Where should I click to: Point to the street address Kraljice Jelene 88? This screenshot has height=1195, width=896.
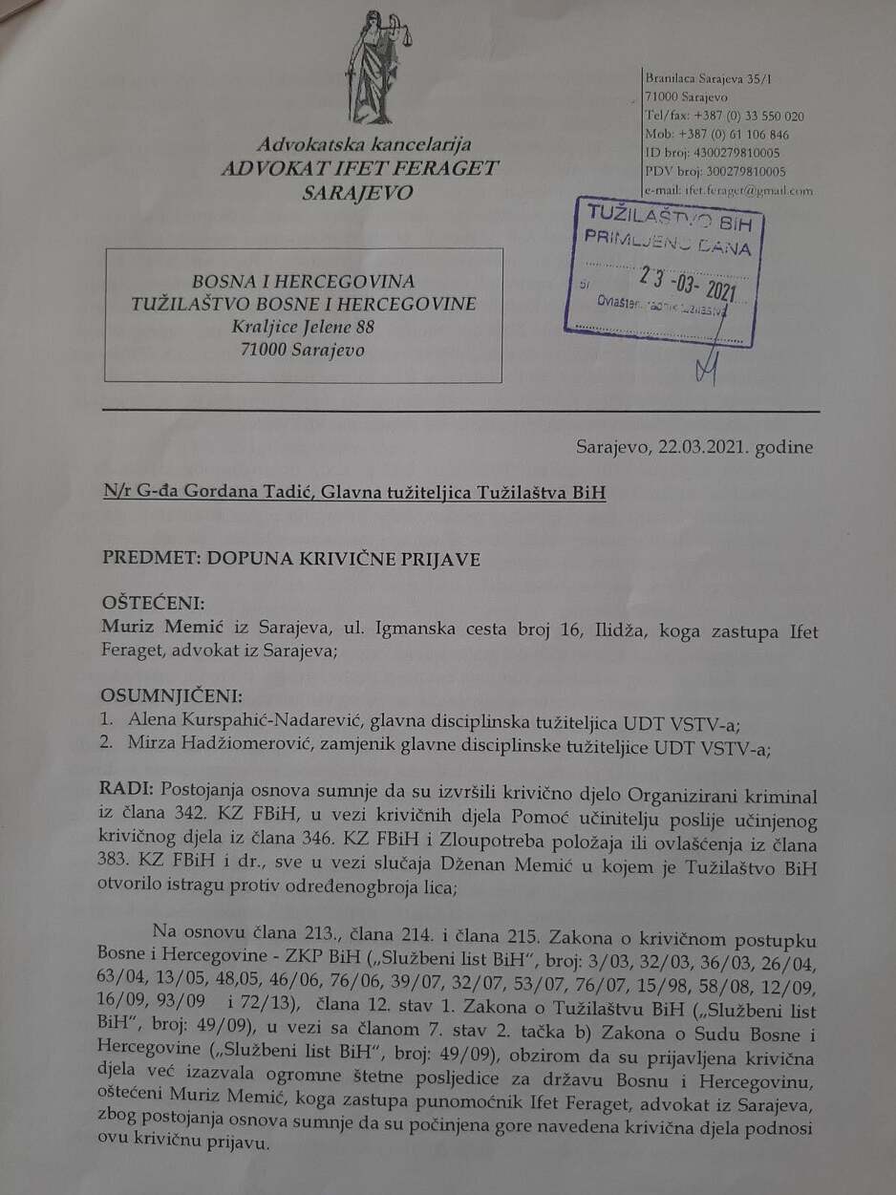point(304,327)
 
